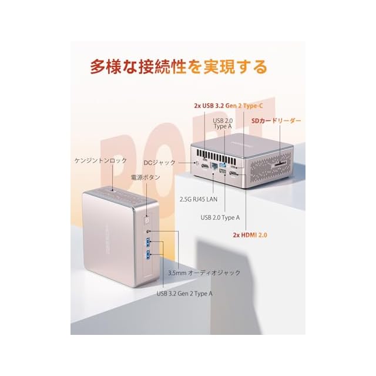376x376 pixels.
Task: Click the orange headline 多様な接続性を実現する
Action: tap(179, 66)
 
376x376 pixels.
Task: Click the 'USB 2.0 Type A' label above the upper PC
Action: tap(223, 123)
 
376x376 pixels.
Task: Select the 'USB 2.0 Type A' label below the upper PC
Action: tap(220, 217)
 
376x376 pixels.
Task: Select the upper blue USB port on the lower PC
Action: tap(147, 243)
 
